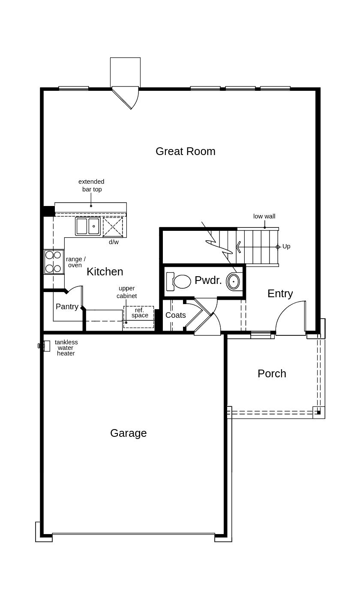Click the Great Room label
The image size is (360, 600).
(186, 151)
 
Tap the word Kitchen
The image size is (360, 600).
(105, 272)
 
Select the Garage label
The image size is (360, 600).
(129, 433)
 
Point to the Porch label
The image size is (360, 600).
(272, 373)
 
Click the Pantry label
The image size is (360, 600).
(67, 307)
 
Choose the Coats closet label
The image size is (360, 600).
(176, 315)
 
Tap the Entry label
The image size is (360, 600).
(280, 294)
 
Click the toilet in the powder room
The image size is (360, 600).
(179, 281)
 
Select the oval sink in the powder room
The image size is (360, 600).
(233, 281)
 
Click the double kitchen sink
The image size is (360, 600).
(88, 227)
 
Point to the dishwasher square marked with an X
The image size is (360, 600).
(113, 227)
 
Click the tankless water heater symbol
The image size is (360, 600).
(44, 346)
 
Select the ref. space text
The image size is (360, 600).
(140, 313)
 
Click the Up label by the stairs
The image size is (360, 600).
(286, 246)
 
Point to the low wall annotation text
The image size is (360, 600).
(264, 216)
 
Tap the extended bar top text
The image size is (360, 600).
(91, 185)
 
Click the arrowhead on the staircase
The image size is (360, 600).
(238, 247)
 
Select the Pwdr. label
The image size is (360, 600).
(208, 280)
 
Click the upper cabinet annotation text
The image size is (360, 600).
(127, 292)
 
